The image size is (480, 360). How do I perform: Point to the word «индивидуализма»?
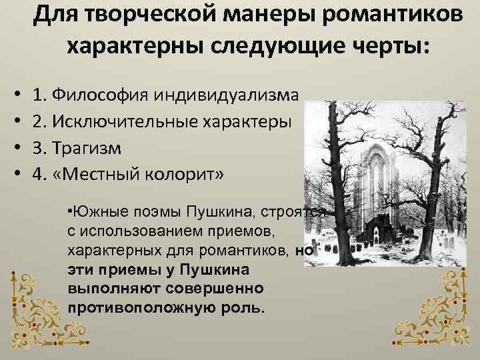[226, 94]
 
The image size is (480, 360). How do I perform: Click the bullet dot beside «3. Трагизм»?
[15, 148]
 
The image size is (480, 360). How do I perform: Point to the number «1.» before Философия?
[41, 94]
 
